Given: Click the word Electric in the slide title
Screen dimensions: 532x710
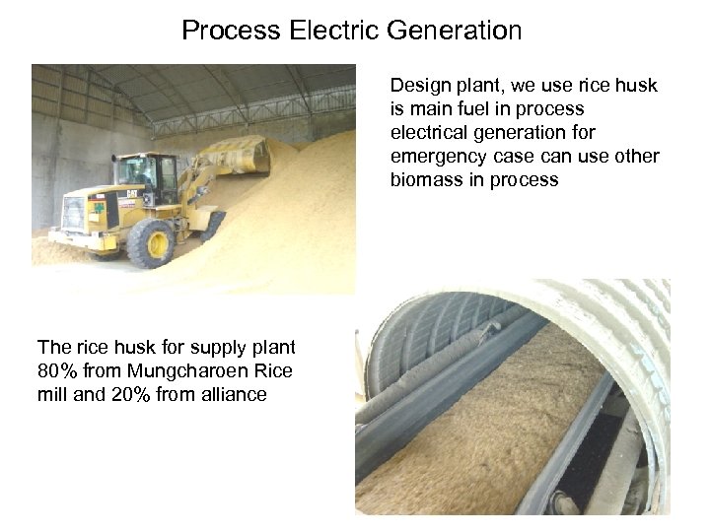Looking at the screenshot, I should [334, 31].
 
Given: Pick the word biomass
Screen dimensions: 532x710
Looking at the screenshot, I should [423, 180].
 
